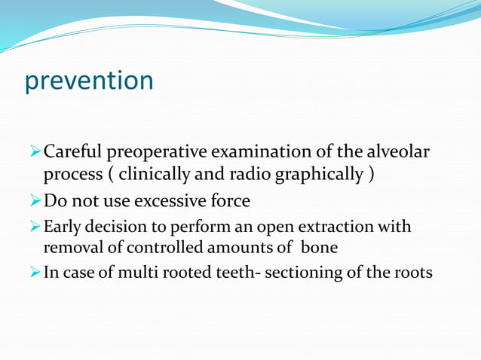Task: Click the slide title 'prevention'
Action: click(89, 81)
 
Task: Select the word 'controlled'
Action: click(173, 246)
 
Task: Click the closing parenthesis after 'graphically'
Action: click(369, 175)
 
